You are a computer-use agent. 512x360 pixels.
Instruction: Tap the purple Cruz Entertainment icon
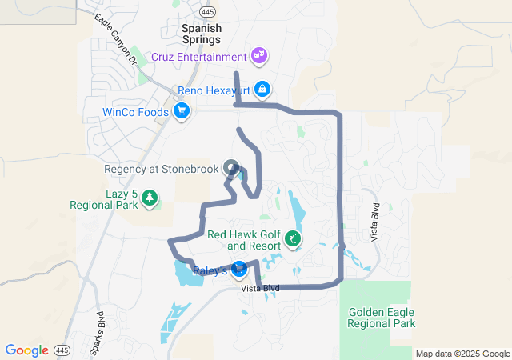(x=258, y=56)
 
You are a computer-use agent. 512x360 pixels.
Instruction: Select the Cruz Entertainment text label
(x=198, y=58)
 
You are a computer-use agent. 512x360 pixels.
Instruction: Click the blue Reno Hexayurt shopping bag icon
(x=262, y=90)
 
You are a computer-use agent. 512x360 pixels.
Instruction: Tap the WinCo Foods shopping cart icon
(x=182, y=111)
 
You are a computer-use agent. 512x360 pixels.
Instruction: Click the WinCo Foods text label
(x=136, y=112)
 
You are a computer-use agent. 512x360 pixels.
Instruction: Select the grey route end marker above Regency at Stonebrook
(x=232, y=168)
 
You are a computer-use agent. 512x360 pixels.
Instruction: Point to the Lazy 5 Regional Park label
(x=104, y=199)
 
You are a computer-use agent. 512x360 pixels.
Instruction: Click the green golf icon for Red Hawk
(x=294, y=238)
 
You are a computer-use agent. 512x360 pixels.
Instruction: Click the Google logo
(x=26, y=350)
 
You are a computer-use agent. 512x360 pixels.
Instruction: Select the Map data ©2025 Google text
(x=462, y=354)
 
